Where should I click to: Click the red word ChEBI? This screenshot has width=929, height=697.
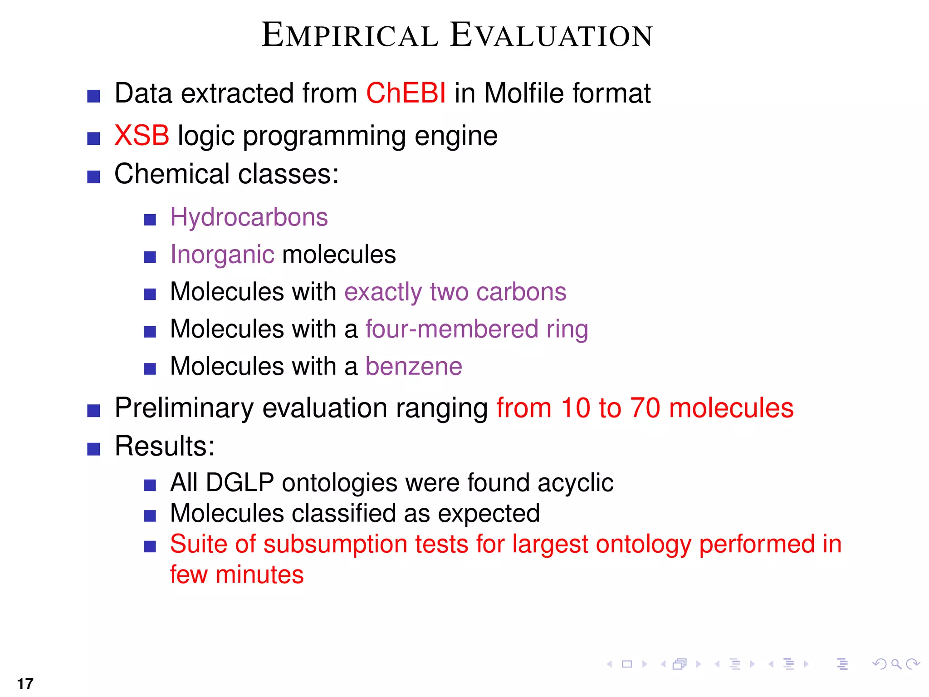pos(406,93)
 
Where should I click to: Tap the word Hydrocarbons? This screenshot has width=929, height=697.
pos(249,217)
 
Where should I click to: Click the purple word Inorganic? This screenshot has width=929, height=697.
pos(222,255)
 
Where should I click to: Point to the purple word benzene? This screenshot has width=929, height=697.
pos(414,366)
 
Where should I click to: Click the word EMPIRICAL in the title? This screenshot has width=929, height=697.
pos(350,35)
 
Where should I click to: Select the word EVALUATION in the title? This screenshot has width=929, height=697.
pos(551,35)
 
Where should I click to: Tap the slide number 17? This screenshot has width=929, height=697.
pos(25,683)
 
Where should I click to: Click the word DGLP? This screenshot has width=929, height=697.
pos(240,482)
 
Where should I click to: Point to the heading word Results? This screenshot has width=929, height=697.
pos(164,446)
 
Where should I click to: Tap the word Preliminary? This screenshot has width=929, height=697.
pos(184,407)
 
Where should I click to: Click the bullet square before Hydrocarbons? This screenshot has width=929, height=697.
pos(150,220)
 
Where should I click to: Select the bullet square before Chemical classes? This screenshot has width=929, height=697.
pos(93,177)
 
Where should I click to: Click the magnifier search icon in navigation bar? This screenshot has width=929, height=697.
pos(896,664)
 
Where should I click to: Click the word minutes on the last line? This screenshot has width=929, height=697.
pos(259,574)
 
